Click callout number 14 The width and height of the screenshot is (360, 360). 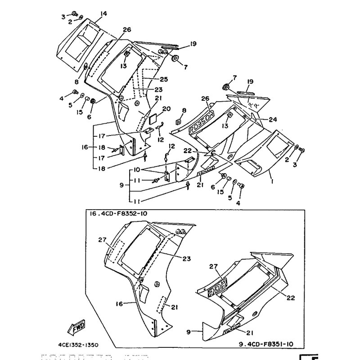(x=104, y=14)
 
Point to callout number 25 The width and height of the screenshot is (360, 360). (x=164, y=79)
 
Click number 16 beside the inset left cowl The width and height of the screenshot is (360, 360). (x=119, y=304)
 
